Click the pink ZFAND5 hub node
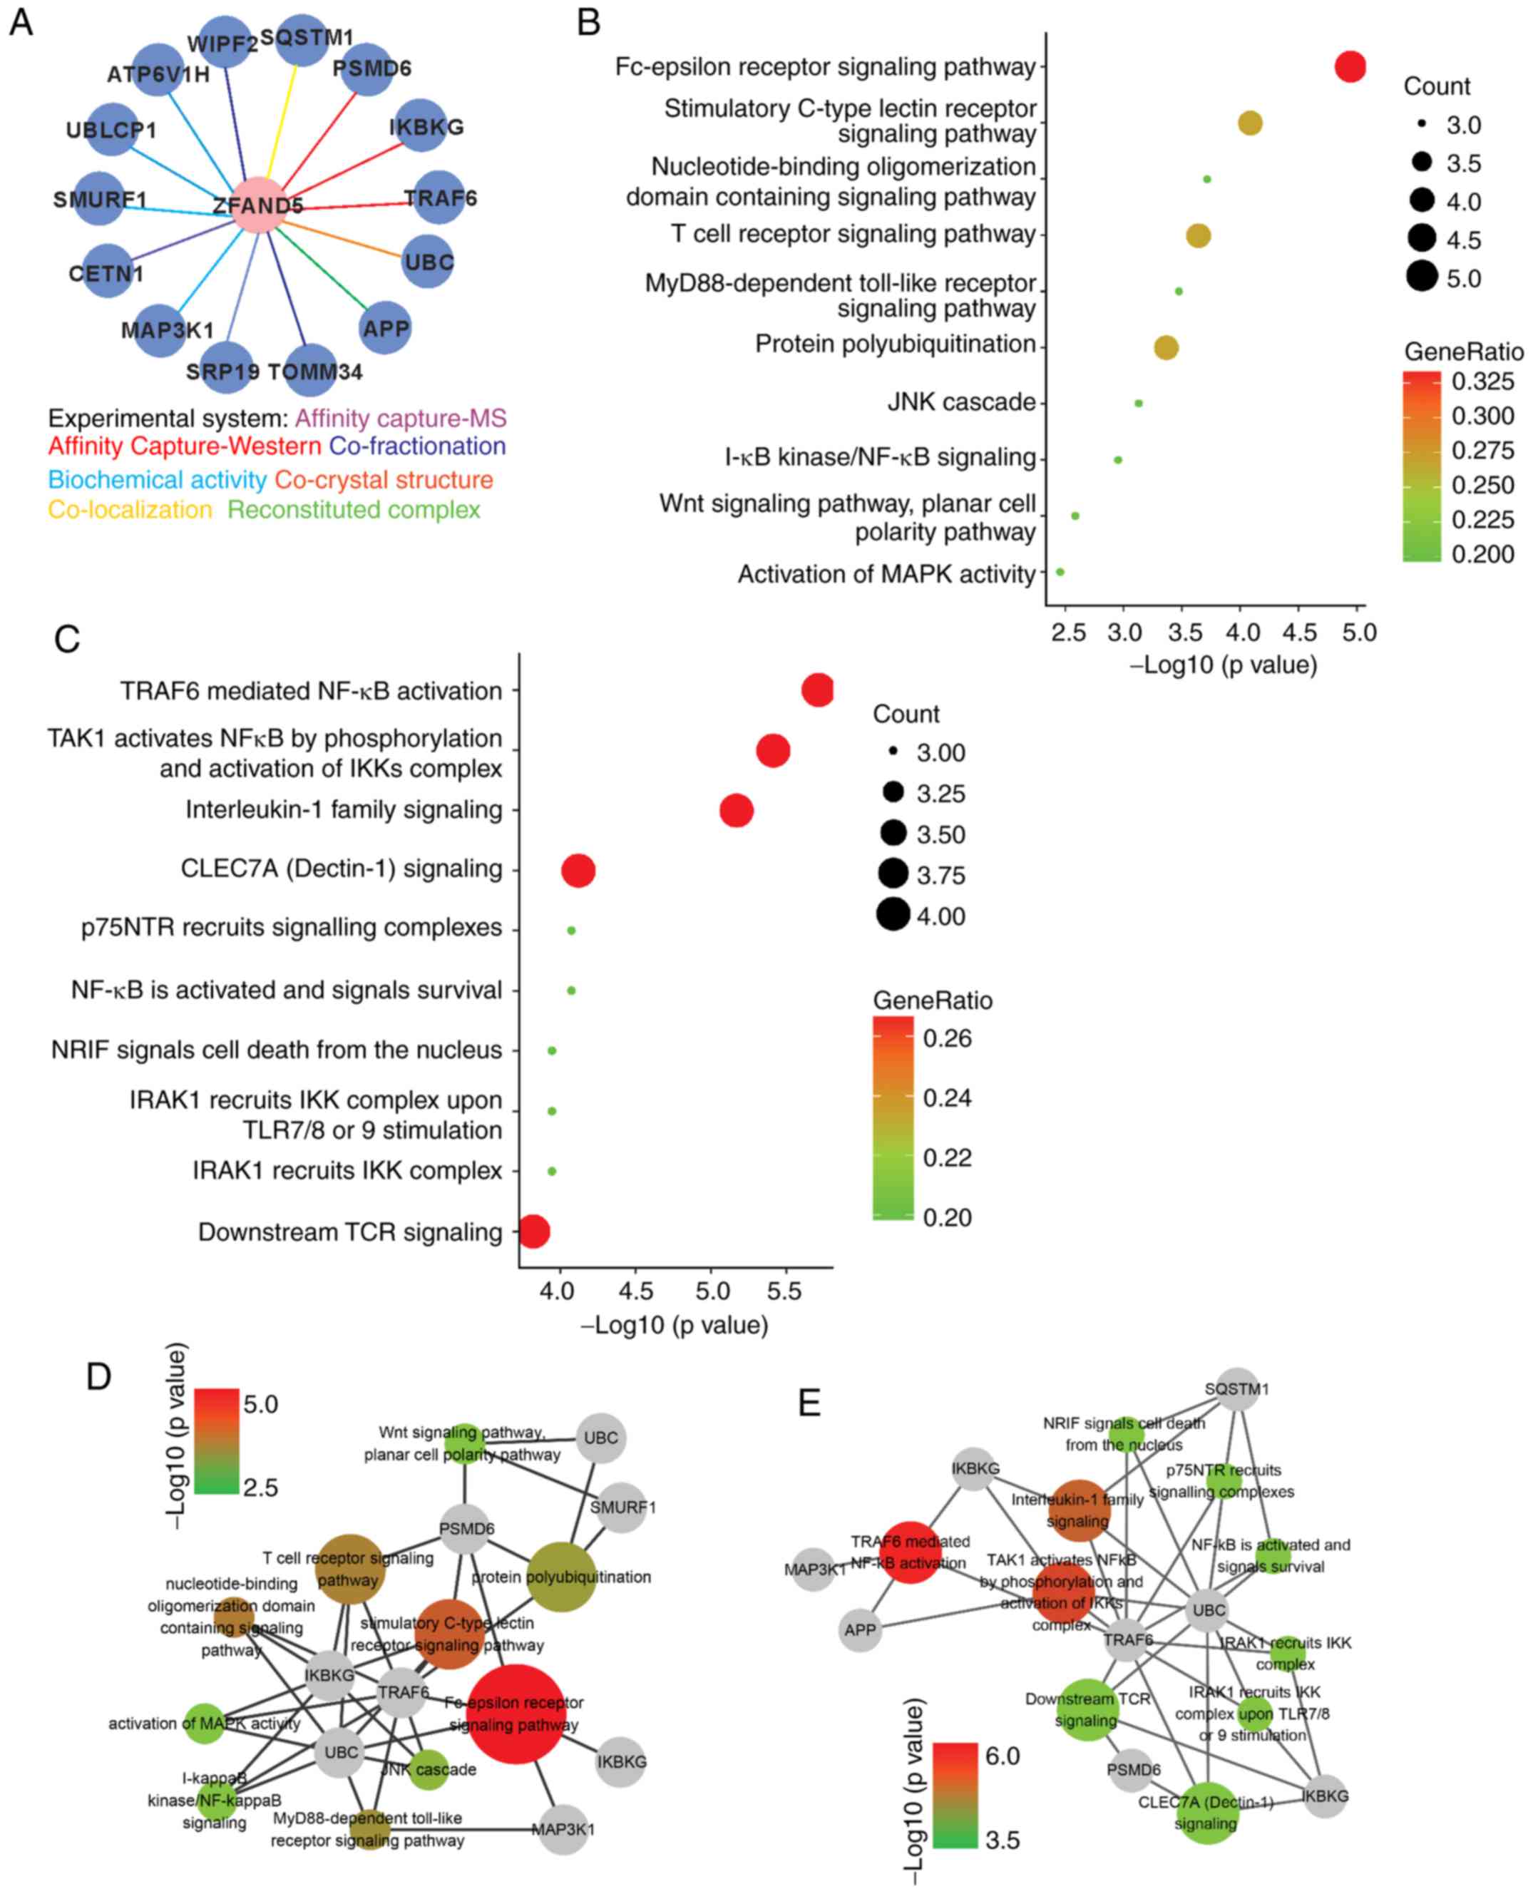[257, 205]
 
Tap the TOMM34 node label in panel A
[315, 372]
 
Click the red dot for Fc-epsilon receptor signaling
[1349, 66]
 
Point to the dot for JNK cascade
[1138, 404]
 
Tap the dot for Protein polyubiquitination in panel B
[1166, 348]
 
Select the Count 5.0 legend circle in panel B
[1422, 278]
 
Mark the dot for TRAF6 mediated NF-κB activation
[818, 690]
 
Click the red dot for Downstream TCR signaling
[533, 1231]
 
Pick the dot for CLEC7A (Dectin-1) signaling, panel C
[578, 871]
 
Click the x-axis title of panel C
[675, 1326]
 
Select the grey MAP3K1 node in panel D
[563, 1830]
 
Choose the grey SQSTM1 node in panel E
[1236, 1390]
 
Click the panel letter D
[99, 1376]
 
